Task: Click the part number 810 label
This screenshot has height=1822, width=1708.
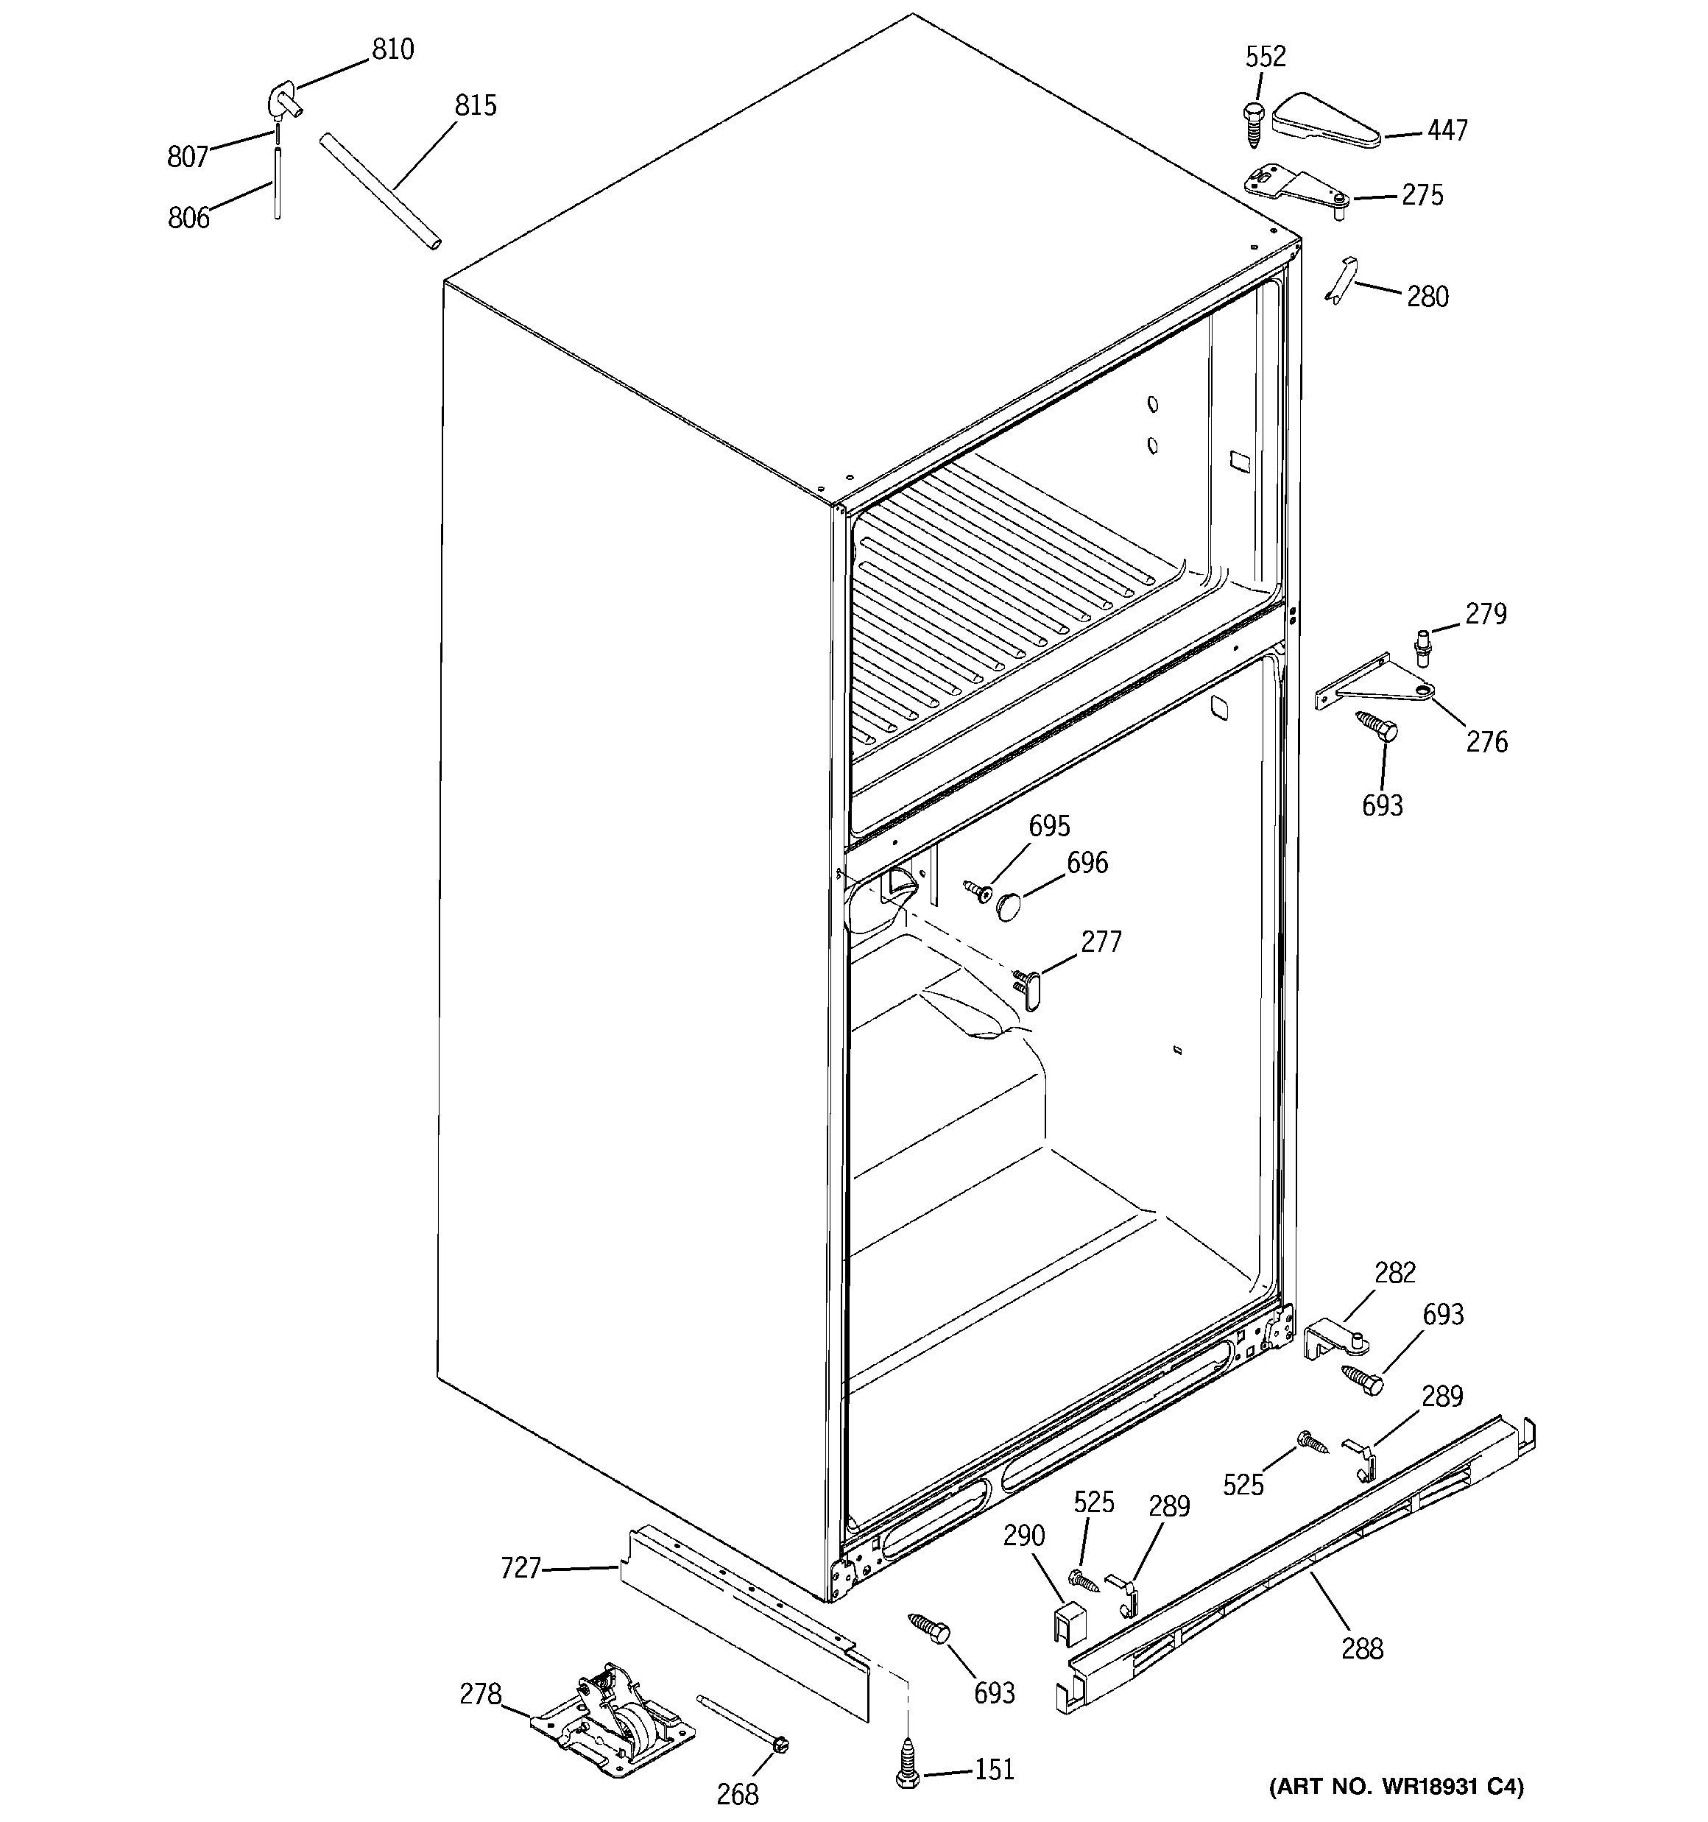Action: [x=392, y=49]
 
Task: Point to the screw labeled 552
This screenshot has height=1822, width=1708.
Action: [x=1252, y=123]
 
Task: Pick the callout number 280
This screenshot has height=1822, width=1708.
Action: [x=1428, y=297]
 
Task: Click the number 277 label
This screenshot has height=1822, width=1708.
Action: [x=1101, y=942]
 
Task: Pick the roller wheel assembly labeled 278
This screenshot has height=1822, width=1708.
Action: [x=613, y=1725]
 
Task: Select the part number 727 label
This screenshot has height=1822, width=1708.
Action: [x=520, y=1569]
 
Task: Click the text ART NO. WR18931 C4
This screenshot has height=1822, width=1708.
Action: [x=1395, y=1785]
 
